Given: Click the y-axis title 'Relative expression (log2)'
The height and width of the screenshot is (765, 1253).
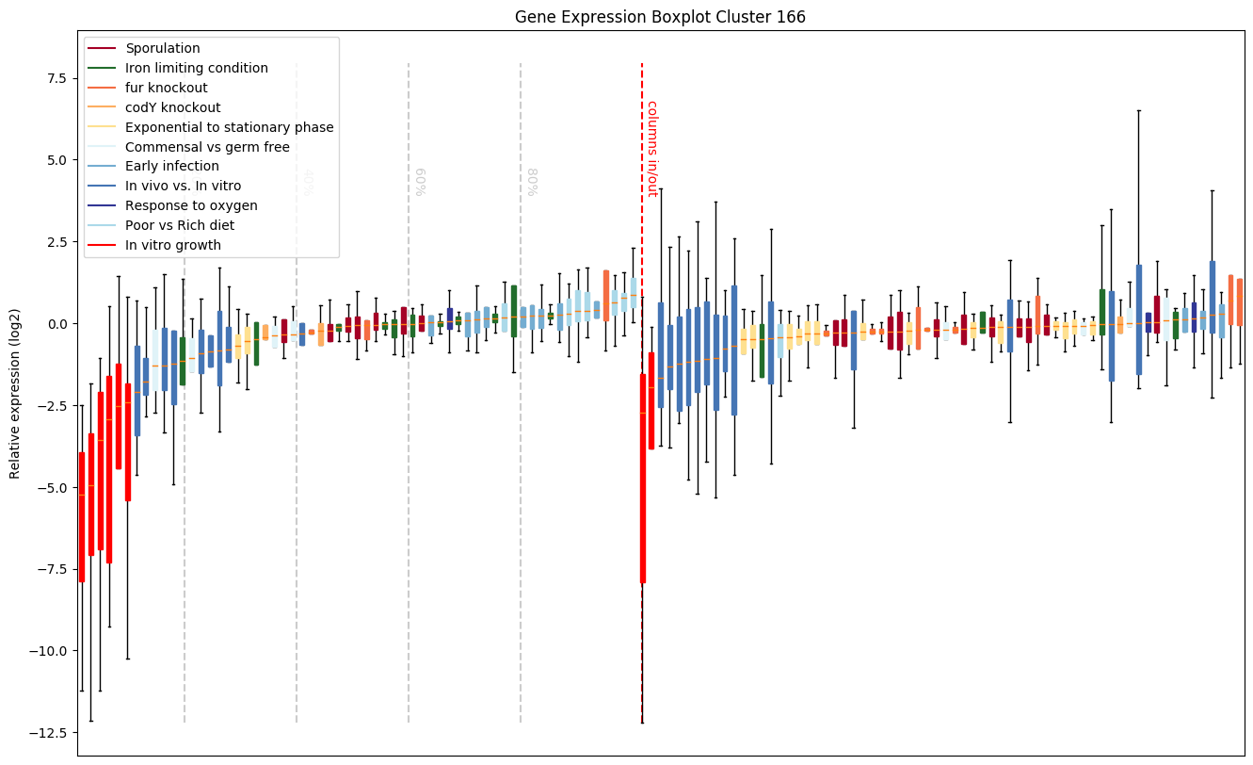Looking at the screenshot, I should click(15, 392).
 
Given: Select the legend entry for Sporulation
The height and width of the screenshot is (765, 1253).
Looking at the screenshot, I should click(163, 48).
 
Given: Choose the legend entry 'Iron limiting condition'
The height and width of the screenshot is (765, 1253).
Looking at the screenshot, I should click(197, 68).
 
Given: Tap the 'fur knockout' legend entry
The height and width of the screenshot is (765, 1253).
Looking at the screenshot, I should click(166, 88).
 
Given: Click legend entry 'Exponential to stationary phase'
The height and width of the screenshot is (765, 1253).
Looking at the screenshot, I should click(229, 127).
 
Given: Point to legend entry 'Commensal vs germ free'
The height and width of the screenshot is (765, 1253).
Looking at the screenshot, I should click(207, 147).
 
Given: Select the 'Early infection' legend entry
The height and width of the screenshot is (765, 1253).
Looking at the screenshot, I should click(172, 167).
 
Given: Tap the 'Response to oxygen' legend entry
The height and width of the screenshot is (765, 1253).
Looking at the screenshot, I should click(191, 205).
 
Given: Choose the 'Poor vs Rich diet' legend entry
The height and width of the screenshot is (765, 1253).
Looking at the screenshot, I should click(180, 225).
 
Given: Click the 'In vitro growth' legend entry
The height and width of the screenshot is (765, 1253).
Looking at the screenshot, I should click(173, 245).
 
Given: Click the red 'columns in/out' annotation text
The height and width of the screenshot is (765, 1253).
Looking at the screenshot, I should click(651, 148).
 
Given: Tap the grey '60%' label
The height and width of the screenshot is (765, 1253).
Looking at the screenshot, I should click(420, 181).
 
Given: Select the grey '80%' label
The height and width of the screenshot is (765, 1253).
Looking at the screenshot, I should click(532, 181).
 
